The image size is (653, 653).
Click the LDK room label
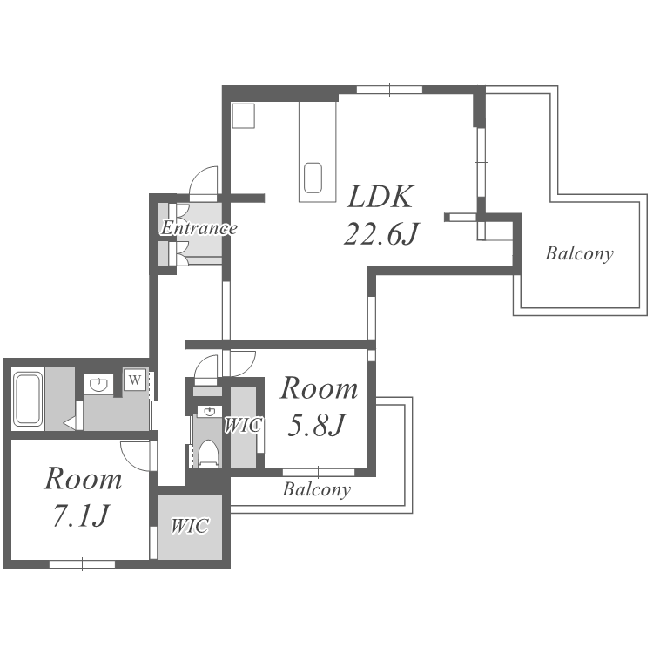380,196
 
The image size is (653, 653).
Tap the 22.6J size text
380,233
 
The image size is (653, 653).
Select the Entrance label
199,228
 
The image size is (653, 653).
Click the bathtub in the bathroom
28,399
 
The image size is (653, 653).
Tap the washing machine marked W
134,380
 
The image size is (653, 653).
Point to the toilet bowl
208,454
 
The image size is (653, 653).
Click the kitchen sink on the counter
313,178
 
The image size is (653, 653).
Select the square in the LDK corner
243,116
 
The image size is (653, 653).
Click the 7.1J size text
82,515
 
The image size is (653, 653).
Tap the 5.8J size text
316,425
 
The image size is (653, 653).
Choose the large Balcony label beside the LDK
579,253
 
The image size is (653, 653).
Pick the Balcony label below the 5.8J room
317,489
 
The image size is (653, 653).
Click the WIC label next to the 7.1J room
190,526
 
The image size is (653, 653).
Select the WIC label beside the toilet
243,425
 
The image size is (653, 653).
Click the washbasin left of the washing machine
98,384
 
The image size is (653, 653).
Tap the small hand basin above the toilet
208,412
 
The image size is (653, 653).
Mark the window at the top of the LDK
389,90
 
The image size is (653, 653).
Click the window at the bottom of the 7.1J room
82,564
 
